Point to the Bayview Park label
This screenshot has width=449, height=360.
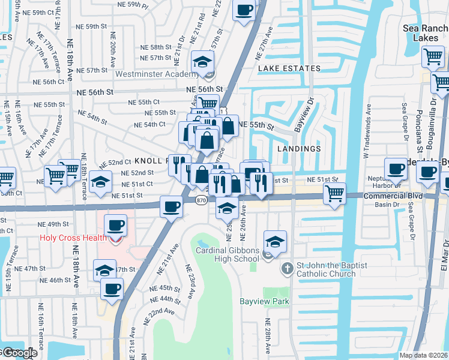(x=264, y=301)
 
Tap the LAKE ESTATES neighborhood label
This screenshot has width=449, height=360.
(x=289, y=68)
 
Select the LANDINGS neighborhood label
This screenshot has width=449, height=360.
(x=299, y=148)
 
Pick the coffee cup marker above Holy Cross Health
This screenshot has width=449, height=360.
(x=115, y=226)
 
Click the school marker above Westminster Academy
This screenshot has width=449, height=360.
(x=203, y=61)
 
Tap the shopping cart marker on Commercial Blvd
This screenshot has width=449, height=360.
(x=334, y=193)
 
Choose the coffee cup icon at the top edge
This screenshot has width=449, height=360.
(x=244, y=10)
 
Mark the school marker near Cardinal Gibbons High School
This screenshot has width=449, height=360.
(x=276, y=242)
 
